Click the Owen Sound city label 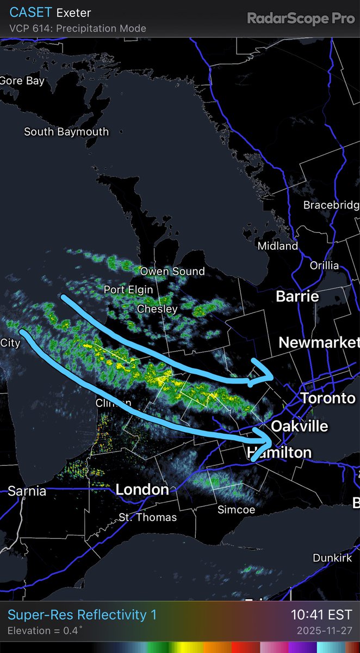[x=172, y=271]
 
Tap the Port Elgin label [x=128, y=289]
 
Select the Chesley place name [x=157, y=309]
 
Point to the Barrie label [x=297, y=297]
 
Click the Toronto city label [x=328, y=398]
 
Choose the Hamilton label [x=279, y=452]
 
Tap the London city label [x=142, y=489]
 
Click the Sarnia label [x=27, y=491]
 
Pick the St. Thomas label [x=148, y=516]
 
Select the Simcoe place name [x=236, y=509]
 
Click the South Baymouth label [x=66, y=132]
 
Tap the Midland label [x=278, y=246]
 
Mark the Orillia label [x=324, y=266]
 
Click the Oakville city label [x=300, y=426]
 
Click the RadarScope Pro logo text [x=301, y=19]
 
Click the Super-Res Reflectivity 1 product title [x=82, y=615]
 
